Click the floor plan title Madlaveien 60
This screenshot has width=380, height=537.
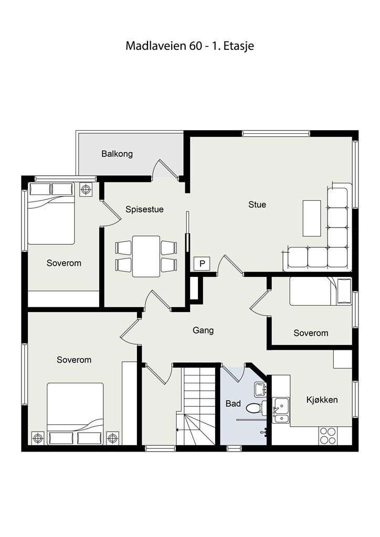[x=164, y=46]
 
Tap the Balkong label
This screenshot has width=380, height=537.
[x=117, y=154]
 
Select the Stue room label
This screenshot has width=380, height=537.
[x=257, y=205]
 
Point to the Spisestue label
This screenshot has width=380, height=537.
[x=144, y=209]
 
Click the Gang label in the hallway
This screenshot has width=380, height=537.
[x=203, y=330]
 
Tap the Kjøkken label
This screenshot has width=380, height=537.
[x=322, y=400]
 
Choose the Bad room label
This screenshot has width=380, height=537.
[x=233, y=404]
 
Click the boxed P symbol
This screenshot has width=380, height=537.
[x=202, y=264]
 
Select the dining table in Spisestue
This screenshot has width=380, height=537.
[x=146, y=256]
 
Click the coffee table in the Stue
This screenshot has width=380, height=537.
[x=312, y=219]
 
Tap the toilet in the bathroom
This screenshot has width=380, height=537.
[x=256, y=408]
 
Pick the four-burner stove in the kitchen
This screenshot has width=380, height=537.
[x=328, y=436]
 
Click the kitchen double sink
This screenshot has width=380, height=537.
[x=281, y=410]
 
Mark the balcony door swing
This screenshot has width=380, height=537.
[x=165, y=169]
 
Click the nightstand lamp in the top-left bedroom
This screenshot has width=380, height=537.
[x=86, y=189]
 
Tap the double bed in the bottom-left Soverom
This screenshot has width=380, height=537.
[x=75, y=414]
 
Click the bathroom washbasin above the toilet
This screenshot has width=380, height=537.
[x=260, y=390]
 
